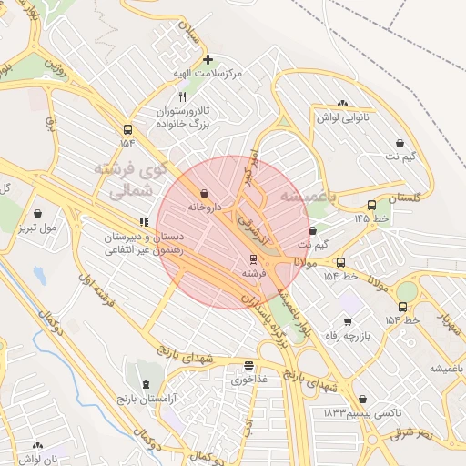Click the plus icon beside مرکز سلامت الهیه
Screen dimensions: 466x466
tap(208, 59)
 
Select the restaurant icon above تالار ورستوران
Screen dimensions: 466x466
tap(183, 96)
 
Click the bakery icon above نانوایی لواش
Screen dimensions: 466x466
tap(342, 104)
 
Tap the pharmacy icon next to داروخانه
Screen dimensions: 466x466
tap(202, 193)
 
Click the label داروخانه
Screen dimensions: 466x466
tap(205, 207)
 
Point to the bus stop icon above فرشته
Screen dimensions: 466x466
tap(254, 259)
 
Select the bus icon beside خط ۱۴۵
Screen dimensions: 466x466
tap(371, 205)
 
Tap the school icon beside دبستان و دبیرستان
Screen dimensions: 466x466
tap(143, 222)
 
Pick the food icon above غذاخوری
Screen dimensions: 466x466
tap(248, 365)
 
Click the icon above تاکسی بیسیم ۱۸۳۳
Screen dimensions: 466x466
tap(363, 399)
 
